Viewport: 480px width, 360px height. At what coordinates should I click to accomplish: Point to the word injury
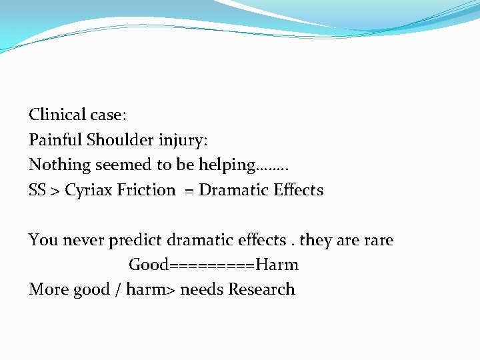click(183, 141)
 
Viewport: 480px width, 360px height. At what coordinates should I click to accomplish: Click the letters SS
click(37, 190)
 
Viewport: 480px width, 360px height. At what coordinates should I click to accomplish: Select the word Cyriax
click(89, 191)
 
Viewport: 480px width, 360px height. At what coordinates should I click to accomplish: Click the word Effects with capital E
click(299, 190)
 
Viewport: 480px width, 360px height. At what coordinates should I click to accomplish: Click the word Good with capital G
click(149, 265)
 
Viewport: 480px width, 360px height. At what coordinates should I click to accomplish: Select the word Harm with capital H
click(277, 265)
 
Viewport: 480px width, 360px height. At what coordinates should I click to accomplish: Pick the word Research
click(261, 289)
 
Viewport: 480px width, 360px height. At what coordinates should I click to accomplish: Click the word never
click(83, 240)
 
